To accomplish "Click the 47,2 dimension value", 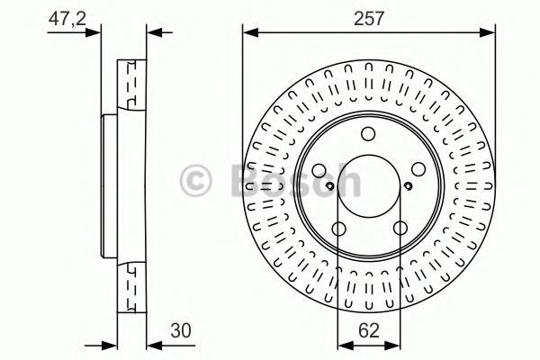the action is (x=67, y=19).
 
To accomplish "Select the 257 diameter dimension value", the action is (x=369, y=19).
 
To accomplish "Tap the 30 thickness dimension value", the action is (x=181, y=330).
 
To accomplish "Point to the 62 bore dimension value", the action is (x=369, y=330).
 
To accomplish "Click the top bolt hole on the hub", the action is (x=368, y=134).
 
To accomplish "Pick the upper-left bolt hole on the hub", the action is (x=319, y=170).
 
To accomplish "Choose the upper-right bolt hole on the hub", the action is (x=418, y=169).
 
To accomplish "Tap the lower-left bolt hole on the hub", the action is (x=339, y=229).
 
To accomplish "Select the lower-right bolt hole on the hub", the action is (x=400, y=228).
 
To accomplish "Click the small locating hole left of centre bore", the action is (x=329, y=186).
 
